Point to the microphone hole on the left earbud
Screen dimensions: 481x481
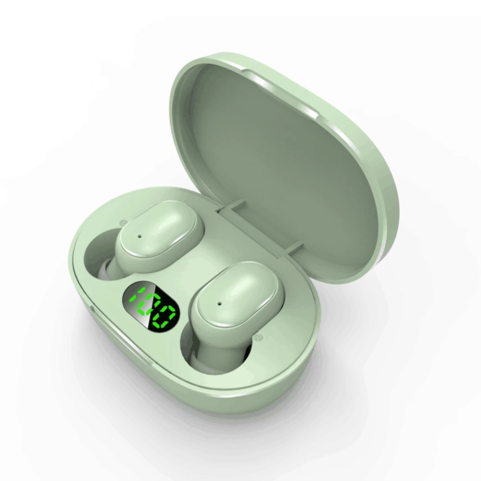pos(140,237)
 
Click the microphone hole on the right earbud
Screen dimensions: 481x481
pos(219,304)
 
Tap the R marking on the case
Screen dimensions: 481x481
pos(257,338)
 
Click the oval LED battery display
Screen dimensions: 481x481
pos(151,307)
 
